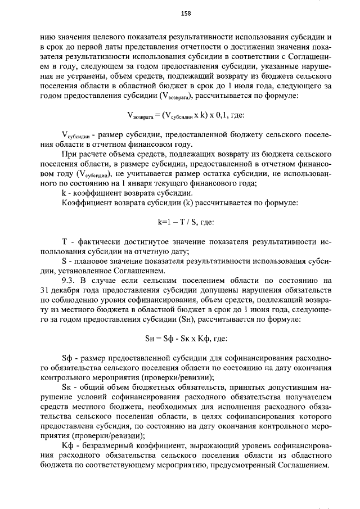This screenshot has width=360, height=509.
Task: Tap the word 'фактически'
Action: [94, 242]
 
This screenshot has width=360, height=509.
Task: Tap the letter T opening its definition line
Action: [64, 242]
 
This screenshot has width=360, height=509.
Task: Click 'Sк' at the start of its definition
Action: [66, 388]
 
